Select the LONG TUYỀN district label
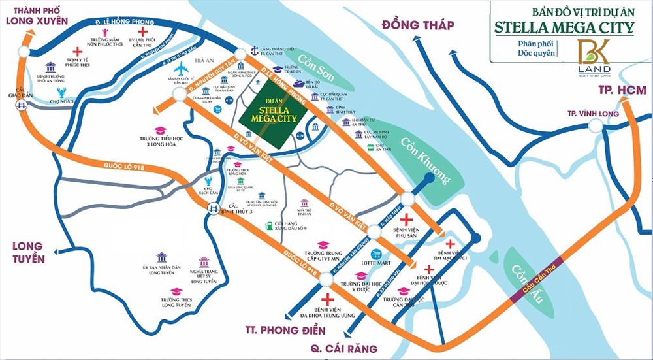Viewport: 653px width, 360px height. pyautogui.click(x=27, y=253)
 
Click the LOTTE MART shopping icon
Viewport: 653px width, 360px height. pyautogui.click(x=375, y=254)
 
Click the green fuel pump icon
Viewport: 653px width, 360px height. pyautogui.click(x=268, y=226)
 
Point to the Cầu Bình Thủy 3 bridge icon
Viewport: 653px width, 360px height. pyautogui.click(x=213, y=208)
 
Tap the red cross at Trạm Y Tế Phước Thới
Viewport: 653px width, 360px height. pyautogui.click(x=77, y=51)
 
